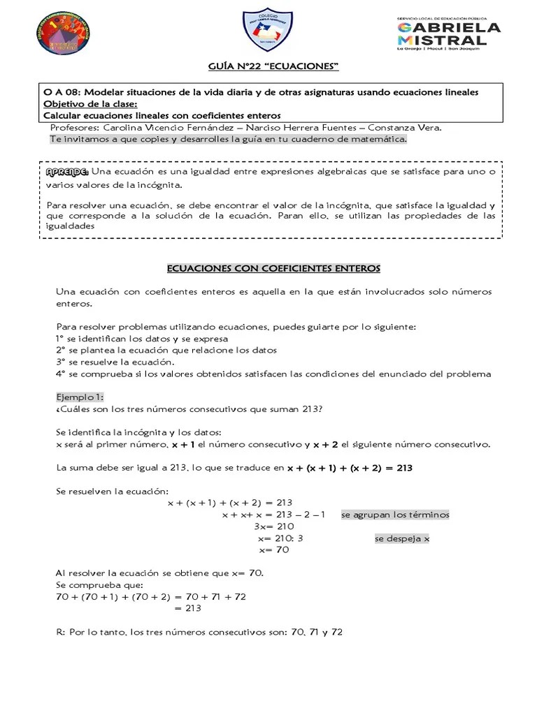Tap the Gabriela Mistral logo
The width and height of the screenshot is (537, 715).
[448, 34]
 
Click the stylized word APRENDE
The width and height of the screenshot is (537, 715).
[67, 172]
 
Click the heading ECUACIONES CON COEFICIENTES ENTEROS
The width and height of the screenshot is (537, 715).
[273, 267]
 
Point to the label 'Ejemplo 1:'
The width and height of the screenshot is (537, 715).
[80, 397]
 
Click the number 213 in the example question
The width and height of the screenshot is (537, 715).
[311, 408]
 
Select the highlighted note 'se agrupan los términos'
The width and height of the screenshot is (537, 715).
[395, 515]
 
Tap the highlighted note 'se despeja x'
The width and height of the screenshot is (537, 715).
[402, 538]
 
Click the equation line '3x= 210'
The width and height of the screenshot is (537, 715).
[273, 526]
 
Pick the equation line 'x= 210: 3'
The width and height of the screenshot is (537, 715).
[280, 538]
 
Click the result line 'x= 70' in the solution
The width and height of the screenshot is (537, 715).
[273, 550]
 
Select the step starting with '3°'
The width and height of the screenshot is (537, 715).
[115, 362]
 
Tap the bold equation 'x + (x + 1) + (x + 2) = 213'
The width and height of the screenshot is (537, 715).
[350, 468]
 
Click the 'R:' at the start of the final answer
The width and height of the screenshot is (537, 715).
[60, 633]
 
